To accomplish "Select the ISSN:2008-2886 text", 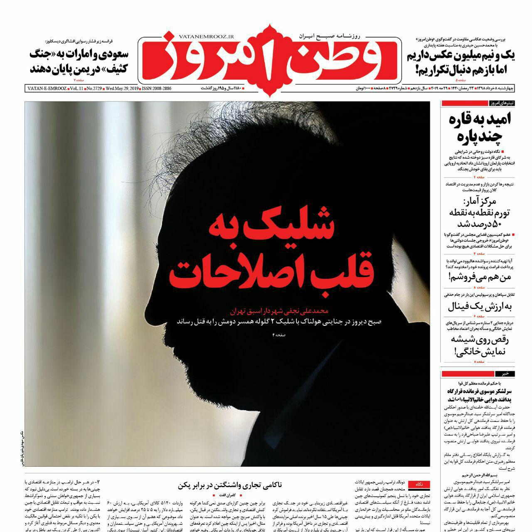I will coord(157,89).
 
